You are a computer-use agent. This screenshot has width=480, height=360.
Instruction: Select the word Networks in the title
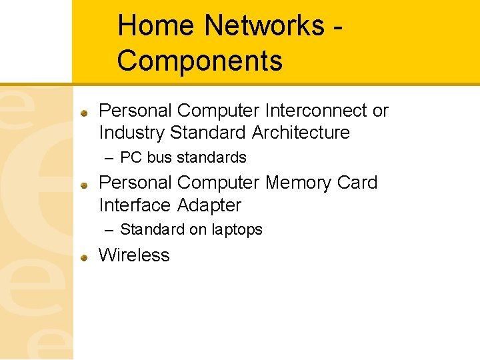[x=264, y=26]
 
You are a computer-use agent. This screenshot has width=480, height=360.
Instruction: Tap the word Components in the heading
[x=199, y=61]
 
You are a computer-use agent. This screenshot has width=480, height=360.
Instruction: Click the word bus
[x=159, y=158]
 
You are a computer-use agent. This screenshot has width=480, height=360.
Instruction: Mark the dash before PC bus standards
[x=110, y=158]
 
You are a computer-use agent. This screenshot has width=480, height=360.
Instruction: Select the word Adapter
[x=209, y=205]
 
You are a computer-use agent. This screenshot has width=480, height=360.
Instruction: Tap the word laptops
[x=237, y=230]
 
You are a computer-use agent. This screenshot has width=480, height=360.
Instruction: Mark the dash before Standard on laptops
[x=110, y=230]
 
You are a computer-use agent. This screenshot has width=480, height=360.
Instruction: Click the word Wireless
[x=134, y=255]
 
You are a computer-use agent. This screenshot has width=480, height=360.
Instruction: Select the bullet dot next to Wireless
[x=85, y=257]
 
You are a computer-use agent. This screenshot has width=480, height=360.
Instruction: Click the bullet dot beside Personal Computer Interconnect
[x=85, y=112]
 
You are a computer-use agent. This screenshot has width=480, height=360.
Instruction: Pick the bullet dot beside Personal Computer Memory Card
[x=85, y=184]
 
